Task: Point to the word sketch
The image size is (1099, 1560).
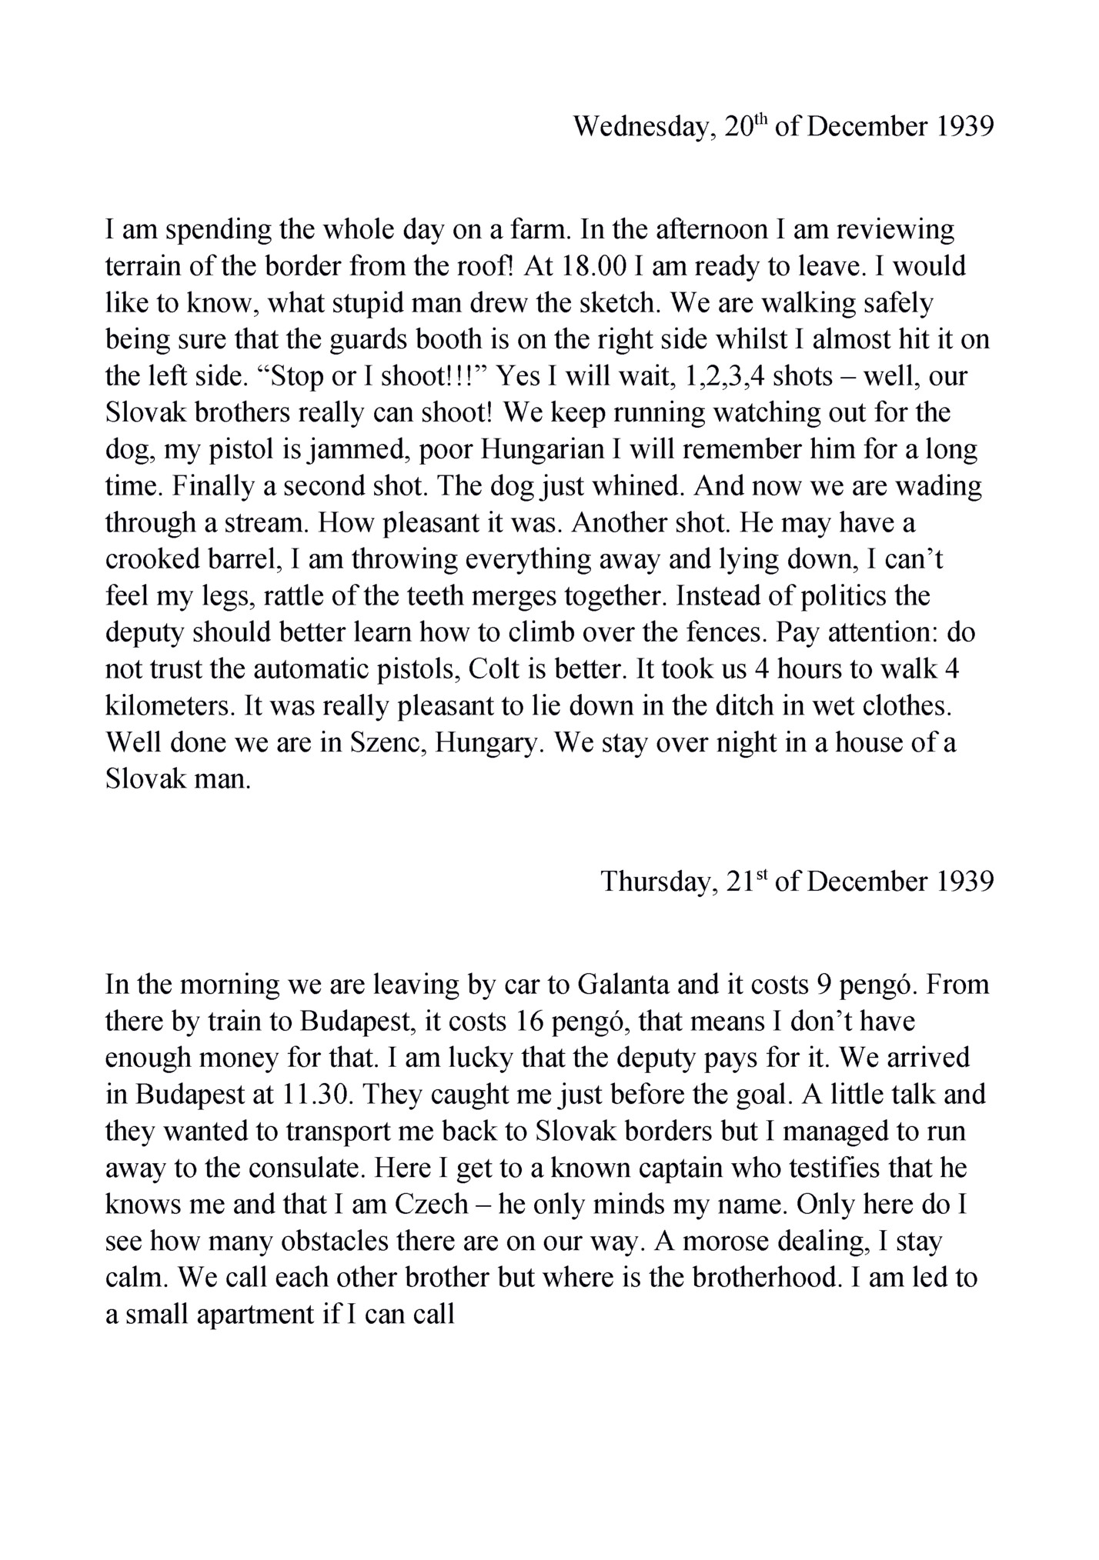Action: (x=616, y=303)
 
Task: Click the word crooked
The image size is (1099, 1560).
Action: (x=153, y=560)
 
